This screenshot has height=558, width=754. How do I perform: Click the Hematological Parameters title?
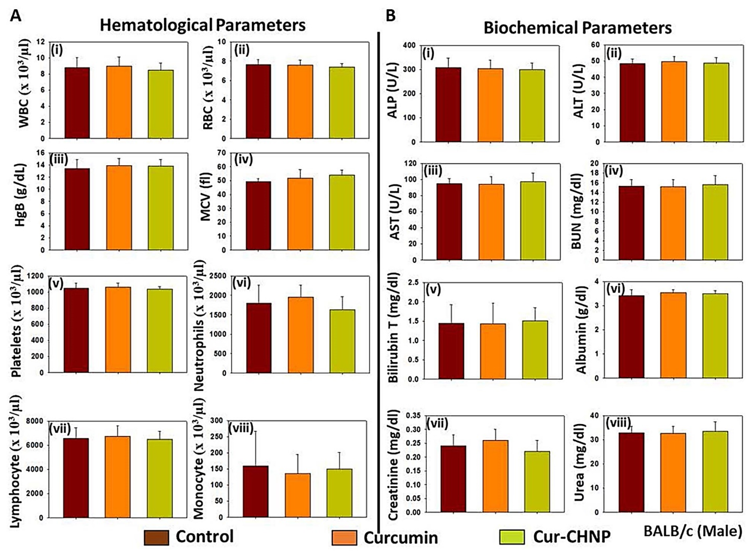[x=203, y=25]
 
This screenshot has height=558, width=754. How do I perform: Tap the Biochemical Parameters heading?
[x=577, y=28]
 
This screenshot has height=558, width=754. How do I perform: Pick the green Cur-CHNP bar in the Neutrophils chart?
[x=342, y=341]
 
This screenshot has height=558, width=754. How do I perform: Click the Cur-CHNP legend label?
[x=572, y=536]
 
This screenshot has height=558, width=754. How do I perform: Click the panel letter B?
[x=391, y=15]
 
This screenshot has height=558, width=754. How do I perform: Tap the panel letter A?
[x=15, y=15]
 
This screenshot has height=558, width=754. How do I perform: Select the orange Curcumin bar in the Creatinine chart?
[x=495, y=476]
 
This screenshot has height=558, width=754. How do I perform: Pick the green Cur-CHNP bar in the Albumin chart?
[x=715, y=335]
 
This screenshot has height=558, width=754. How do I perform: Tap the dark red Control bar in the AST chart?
[x=449, y=222]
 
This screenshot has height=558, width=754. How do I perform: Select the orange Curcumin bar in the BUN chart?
[x=673, y=223]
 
